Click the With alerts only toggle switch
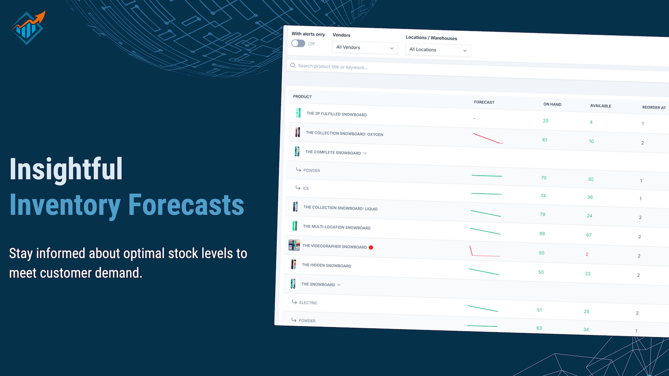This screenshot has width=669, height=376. (298, 43)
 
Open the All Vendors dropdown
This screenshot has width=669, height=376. (365, 48)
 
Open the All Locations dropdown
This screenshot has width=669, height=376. (438, 50)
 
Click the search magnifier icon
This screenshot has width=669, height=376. (293, 65)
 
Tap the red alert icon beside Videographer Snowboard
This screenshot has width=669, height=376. (371, 247)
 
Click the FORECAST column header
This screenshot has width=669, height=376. (484, 102)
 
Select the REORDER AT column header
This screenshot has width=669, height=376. (654, 107)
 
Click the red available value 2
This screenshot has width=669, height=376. (587, 254)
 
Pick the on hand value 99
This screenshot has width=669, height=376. (542, 234)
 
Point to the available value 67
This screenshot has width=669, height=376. (589, 235)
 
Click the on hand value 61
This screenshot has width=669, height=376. (544, 140)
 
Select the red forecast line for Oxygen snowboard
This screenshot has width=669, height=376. (488, 138)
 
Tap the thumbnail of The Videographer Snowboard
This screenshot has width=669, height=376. (294, 245)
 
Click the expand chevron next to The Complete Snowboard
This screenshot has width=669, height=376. (365, 153)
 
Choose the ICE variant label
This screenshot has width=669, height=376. (306, 188)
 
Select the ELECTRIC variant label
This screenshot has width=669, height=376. (308, 303)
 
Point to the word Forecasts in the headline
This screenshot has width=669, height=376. (186, 205)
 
